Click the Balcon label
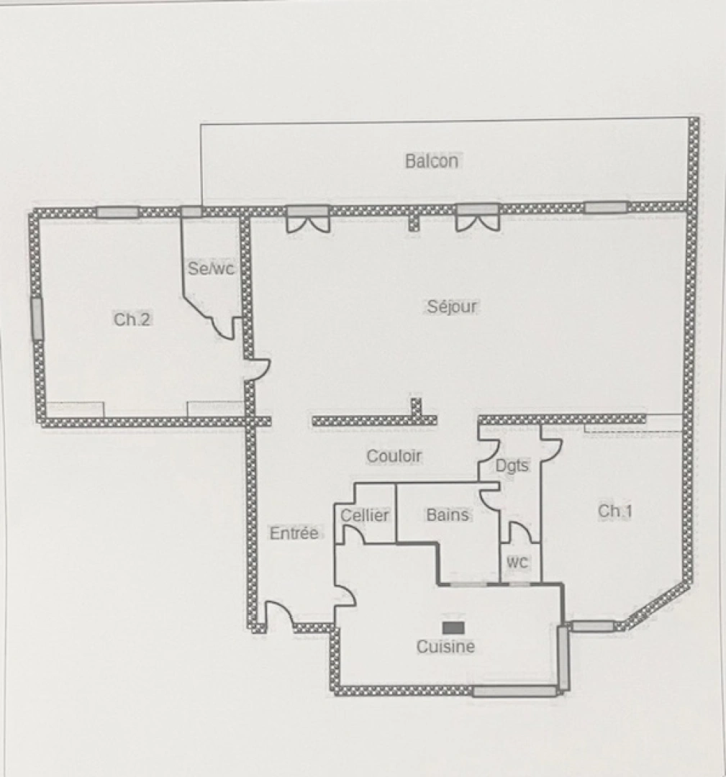[431, 160]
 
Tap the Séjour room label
[452, 306]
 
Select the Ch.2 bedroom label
[132, 319]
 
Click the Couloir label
[394, 456]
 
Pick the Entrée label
[294, 533]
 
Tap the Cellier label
[365, 515]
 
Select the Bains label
[448, 515]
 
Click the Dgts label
[512, 465]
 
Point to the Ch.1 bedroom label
[616, 511]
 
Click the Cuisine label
[445, 647]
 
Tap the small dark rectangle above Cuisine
[453, 627]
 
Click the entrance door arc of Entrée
[279, 614]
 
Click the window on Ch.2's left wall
[37, 319]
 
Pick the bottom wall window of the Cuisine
[514, 691]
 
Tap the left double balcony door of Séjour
[308, 219]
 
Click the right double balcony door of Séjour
[478, 218]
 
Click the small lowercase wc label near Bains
[517, 562]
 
